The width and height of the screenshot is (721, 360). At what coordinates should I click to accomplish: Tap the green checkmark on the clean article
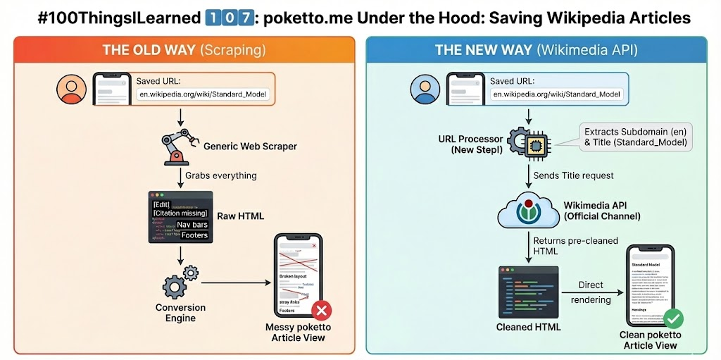click(673, 318)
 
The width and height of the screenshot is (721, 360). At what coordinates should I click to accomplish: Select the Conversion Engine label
click(180, 312)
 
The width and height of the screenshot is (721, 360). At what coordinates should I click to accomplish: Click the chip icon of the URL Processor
click(534, 144)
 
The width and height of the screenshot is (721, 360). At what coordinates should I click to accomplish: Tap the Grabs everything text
click(220, 175)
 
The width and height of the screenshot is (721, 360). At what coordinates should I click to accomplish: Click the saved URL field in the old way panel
click(202, 94)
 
